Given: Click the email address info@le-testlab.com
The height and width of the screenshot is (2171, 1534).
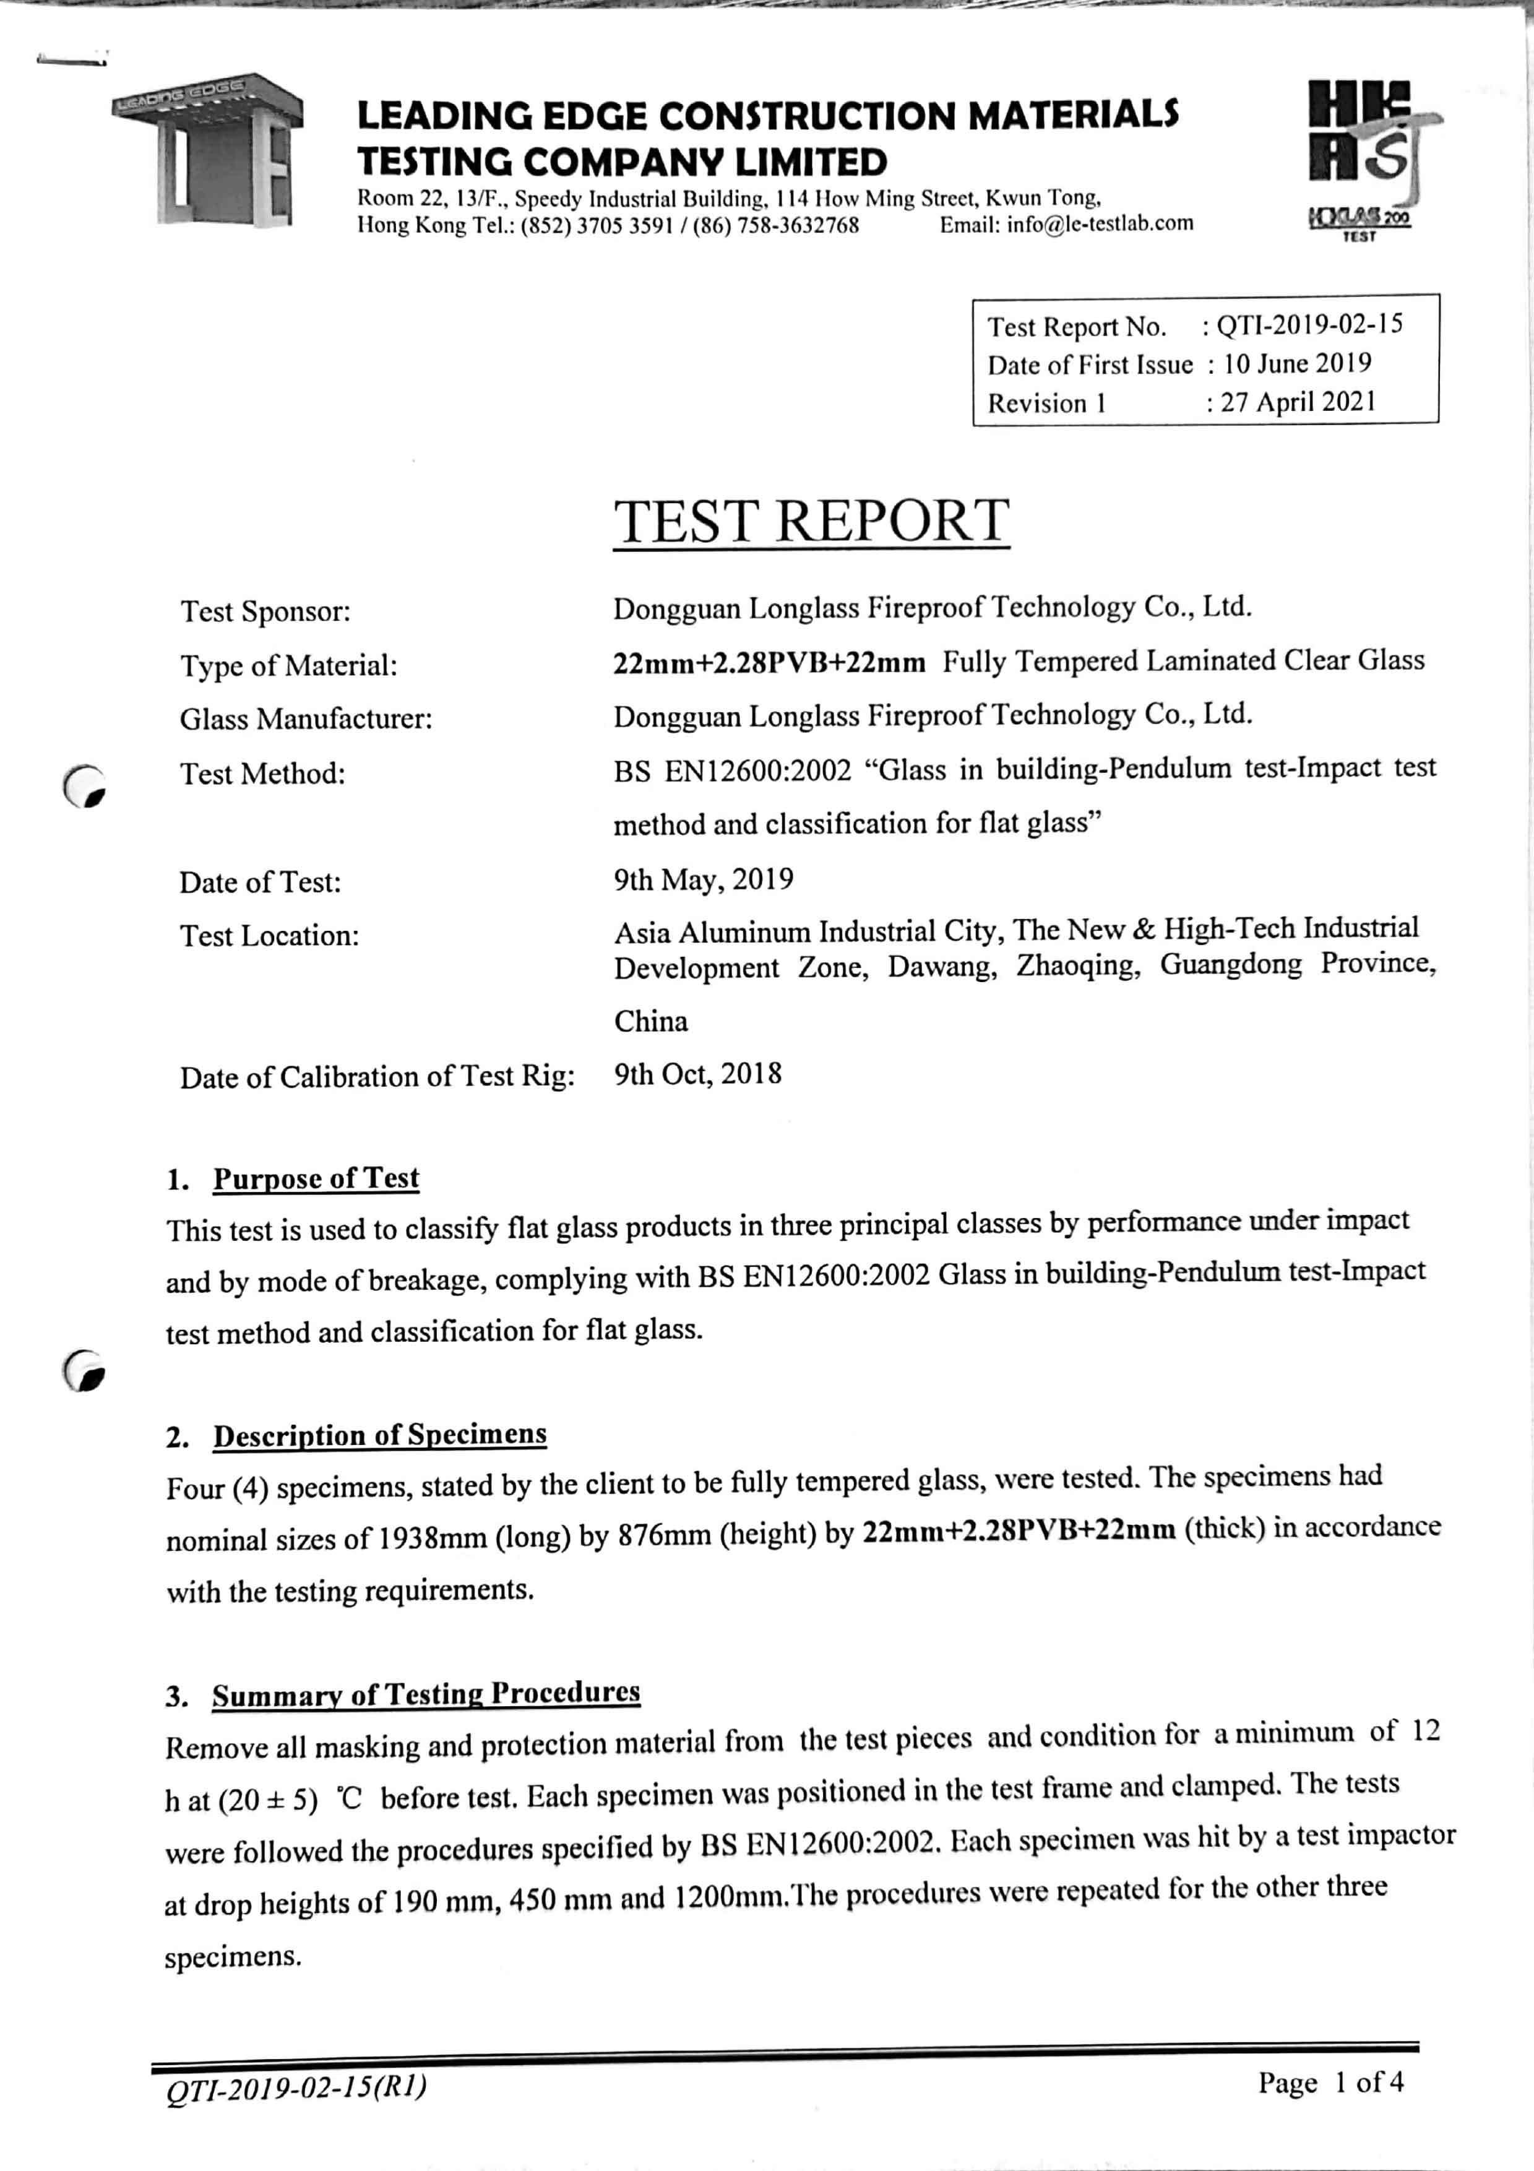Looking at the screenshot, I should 1066,224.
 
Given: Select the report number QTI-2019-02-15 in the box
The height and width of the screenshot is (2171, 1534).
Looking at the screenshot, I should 1309,326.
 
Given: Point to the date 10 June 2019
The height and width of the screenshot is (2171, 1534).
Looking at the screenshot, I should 1297,364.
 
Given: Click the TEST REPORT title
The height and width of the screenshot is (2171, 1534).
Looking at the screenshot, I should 811,521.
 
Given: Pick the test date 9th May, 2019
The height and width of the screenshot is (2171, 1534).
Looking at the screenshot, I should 703,880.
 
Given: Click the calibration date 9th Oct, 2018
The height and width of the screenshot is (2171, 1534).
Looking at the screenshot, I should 697,1074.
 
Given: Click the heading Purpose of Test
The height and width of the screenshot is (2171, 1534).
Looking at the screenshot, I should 316,1178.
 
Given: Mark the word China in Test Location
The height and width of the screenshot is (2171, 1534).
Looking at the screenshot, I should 651,1021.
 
